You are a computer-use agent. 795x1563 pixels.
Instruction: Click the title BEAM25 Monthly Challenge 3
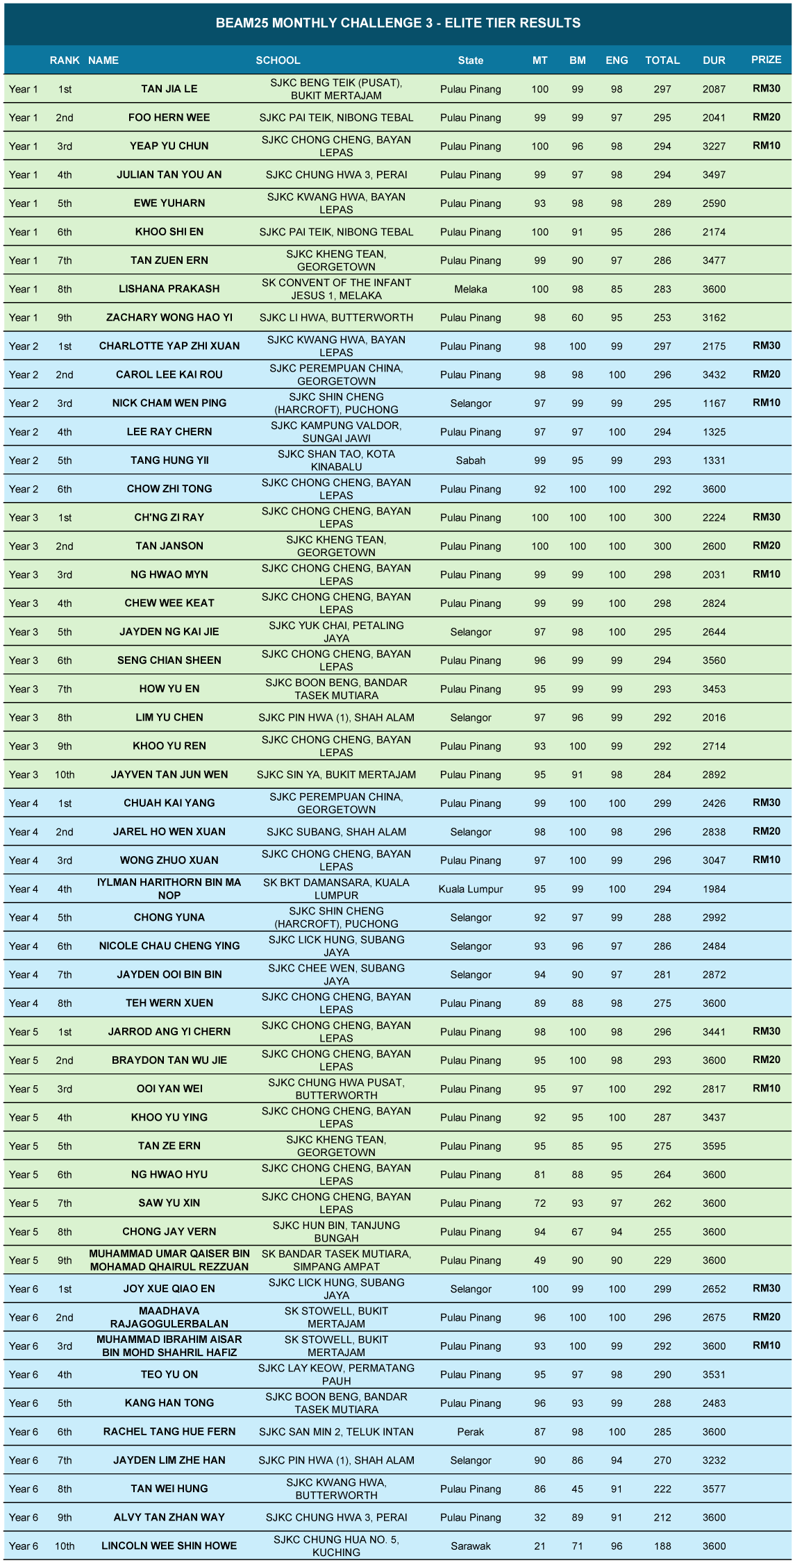point(398,23)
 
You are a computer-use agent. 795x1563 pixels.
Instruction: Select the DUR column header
point(714,60)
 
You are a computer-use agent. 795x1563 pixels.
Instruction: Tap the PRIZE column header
point(766,60)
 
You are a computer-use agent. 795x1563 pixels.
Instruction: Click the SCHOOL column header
point(278,60)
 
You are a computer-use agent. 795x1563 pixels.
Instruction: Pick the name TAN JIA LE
point(169,89)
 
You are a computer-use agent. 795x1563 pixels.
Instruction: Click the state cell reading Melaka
point(471,289)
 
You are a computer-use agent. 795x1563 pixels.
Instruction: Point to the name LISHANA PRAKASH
point(169,289)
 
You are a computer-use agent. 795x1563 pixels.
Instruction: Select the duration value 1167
point(714,403)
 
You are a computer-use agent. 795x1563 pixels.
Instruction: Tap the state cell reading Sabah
point(471,460)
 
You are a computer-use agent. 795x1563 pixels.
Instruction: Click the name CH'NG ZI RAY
point(169,517)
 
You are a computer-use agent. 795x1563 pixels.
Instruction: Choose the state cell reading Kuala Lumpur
point(471,889)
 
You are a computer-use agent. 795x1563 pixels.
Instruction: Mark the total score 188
point(662,1546)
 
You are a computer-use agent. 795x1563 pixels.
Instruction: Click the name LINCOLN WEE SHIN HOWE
point(169,1546)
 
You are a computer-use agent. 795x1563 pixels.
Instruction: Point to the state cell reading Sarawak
point(471,1546)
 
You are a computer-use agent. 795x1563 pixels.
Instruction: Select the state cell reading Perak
point(471,1431)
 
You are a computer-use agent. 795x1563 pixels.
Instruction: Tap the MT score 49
point(539,1260)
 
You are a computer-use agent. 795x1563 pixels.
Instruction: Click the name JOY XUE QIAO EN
point(169,1289)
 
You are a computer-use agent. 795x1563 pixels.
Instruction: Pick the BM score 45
point(577,1489)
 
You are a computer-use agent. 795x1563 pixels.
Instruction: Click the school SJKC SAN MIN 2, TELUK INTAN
point(336,1431)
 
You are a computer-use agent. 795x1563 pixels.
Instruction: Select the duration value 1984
point(714,889)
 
